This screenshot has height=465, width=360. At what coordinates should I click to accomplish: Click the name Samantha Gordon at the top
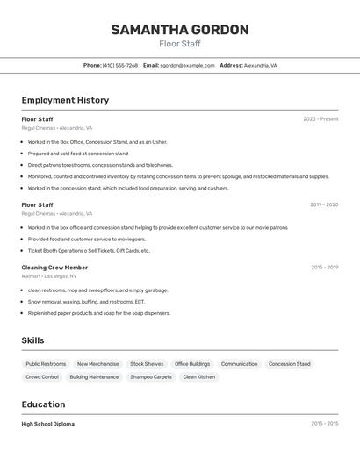pos(179,30)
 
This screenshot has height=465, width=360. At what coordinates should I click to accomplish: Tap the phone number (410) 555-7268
pos(119,65)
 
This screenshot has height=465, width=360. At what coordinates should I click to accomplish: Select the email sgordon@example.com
pos(187,65)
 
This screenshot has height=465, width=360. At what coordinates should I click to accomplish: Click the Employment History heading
pos(65,100)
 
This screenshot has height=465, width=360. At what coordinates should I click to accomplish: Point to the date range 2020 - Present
pos(320,119)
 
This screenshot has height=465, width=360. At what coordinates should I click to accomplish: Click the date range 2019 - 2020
pos(323,205)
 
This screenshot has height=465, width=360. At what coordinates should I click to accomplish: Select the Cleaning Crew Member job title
pos(54,268)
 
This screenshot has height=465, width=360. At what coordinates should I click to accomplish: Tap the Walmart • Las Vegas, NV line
pos(49,276)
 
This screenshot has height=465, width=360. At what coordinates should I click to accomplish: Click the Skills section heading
pos(33,340)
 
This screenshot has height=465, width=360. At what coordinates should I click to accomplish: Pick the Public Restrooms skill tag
pos(46,364)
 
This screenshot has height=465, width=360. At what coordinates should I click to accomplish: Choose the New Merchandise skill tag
pos(97,364)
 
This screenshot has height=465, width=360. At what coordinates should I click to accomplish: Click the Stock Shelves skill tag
pos(147,364)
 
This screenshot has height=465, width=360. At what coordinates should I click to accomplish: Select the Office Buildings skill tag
pos(192,364)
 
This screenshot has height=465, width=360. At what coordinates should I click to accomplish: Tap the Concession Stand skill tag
pos(289,364)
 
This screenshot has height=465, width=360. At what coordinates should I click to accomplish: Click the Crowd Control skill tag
pos(42,377)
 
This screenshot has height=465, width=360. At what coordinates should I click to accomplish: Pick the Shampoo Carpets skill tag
pos(151,377)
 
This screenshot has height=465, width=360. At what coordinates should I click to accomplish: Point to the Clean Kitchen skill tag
pos(198,377)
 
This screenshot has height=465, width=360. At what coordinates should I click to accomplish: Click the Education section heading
pos(43,404)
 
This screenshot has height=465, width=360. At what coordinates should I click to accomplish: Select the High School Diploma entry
pos(48,424)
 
